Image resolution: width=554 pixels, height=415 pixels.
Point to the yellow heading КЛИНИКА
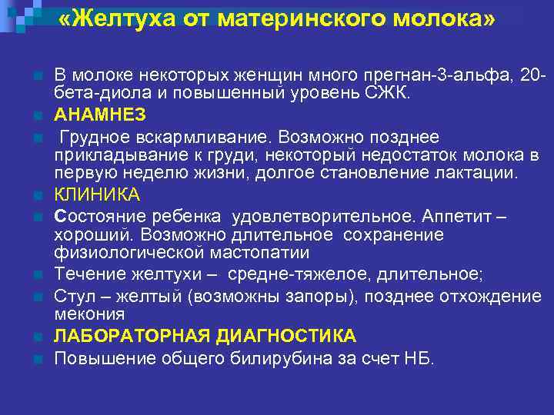[x=97, y=194]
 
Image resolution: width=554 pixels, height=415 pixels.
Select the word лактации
[x=479, y=172]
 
